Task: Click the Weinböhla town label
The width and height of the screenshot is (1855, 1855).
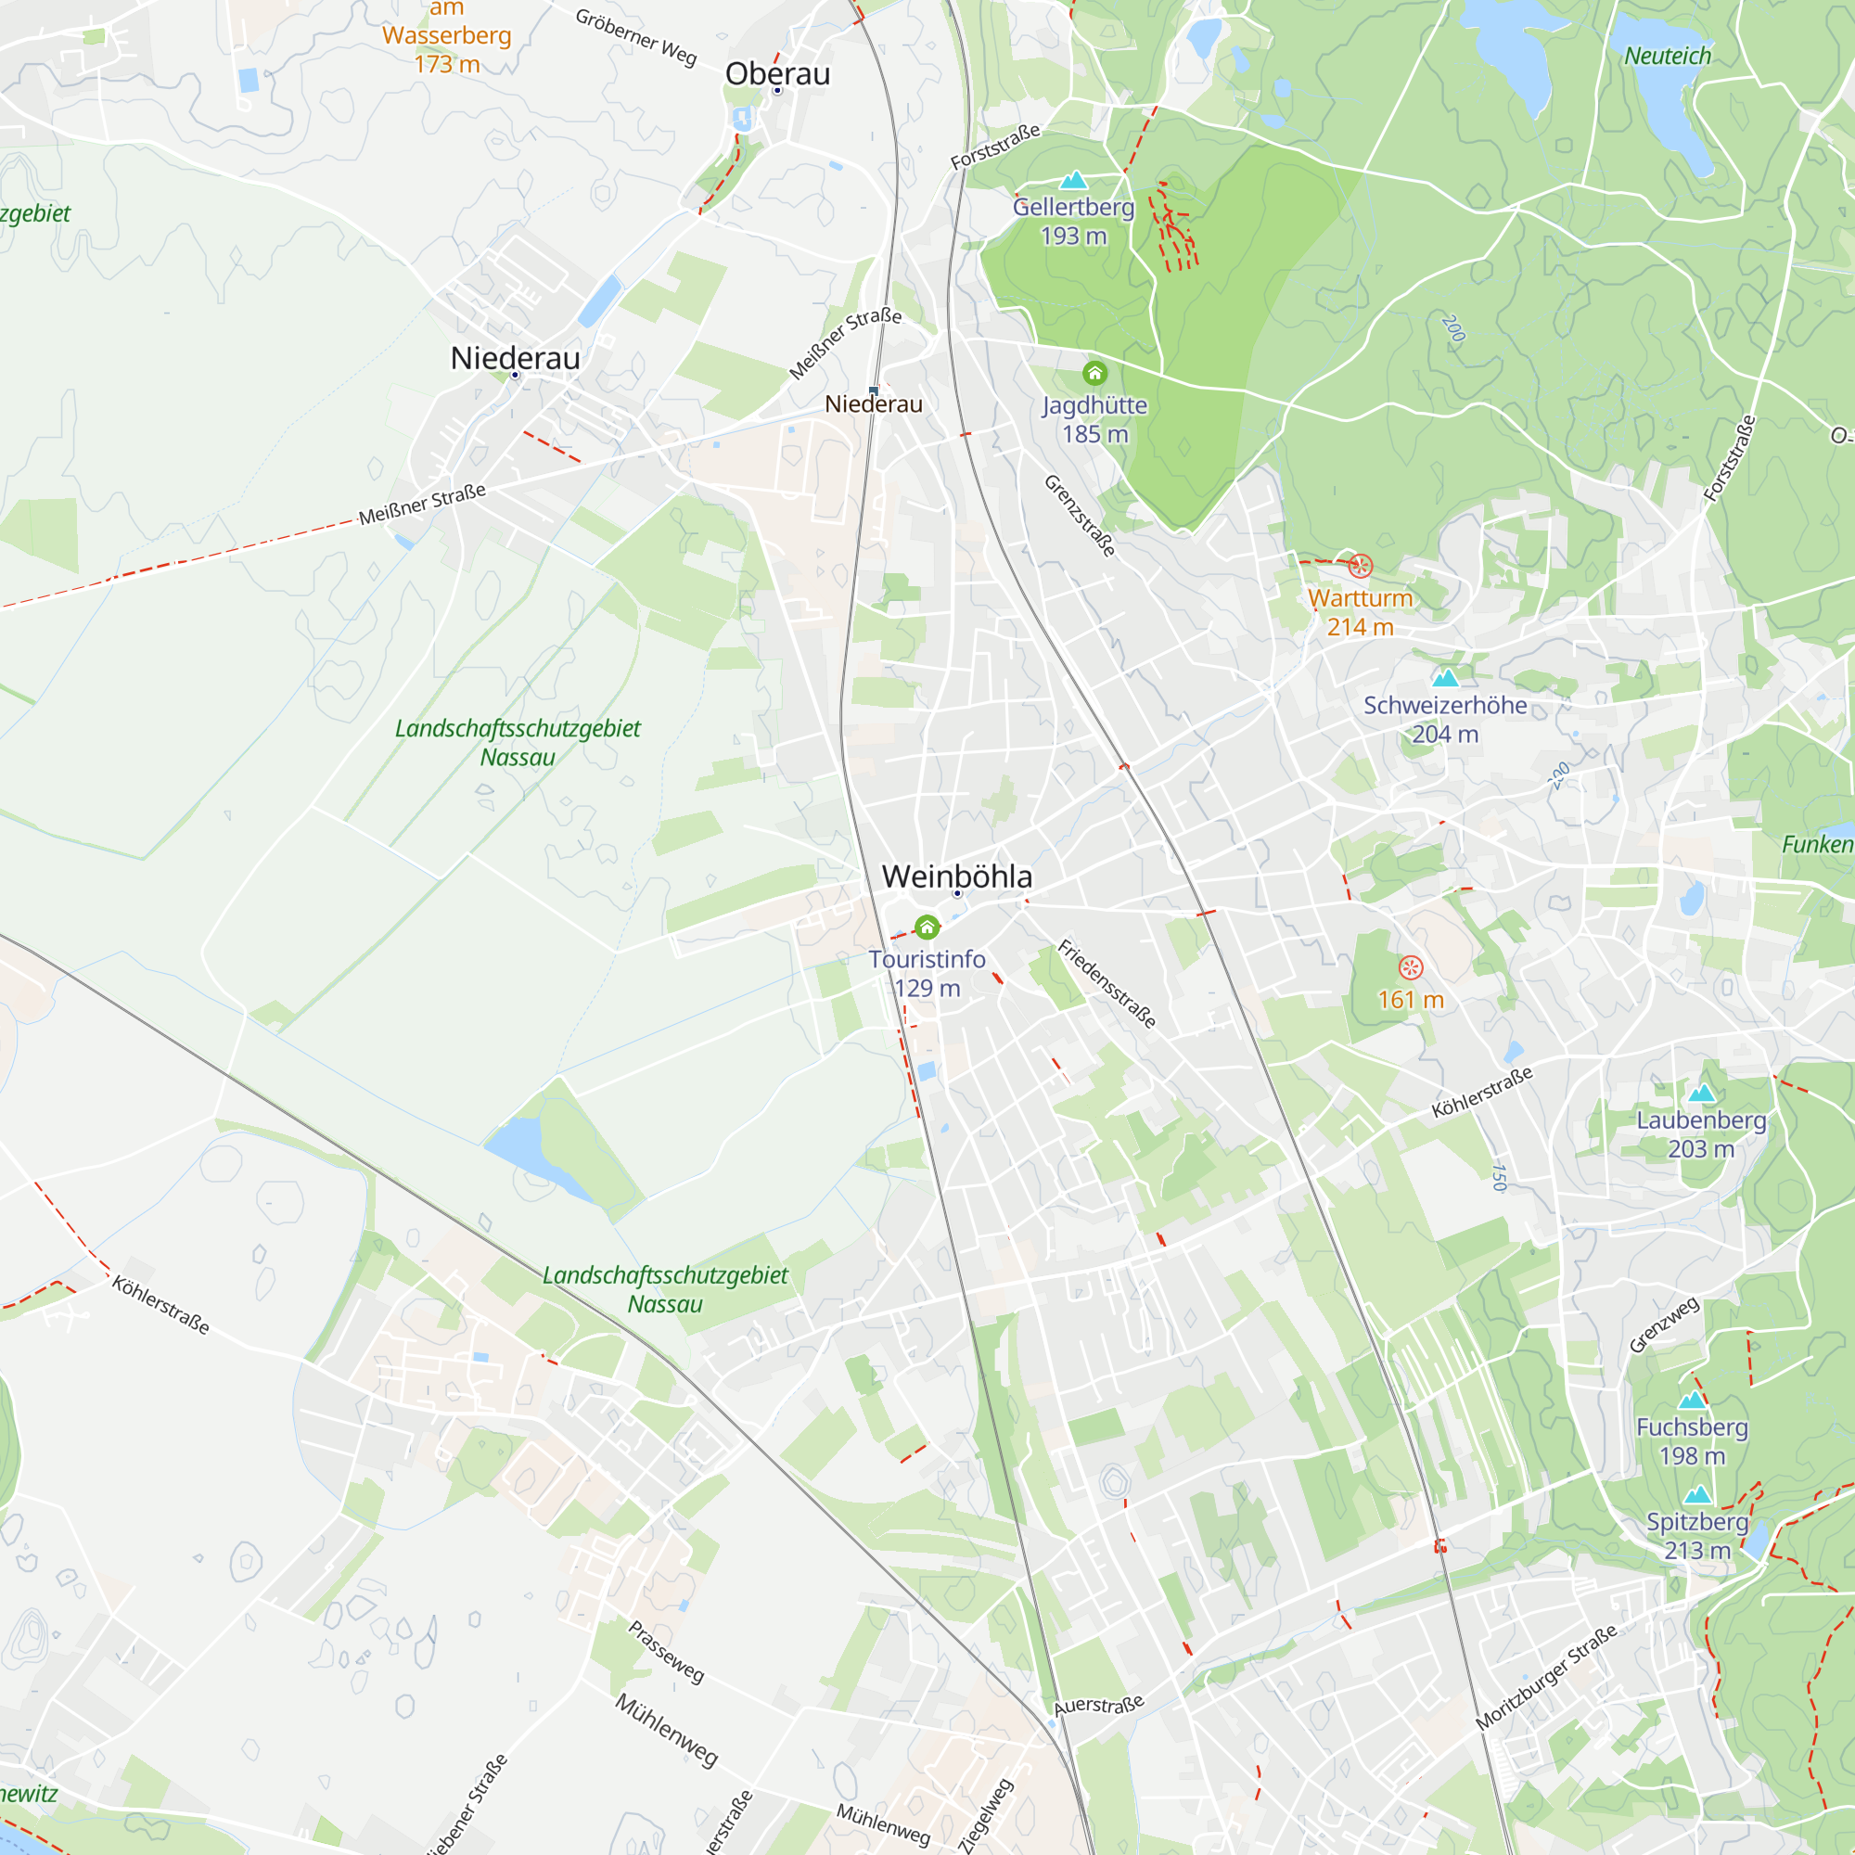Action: (x=956, y=876)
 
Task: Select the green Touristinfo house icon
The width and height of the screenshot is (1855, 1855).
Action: (x=927, y=927)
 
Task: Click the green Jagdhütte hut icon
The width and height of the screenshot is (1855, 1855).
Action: (x=1094, y=373)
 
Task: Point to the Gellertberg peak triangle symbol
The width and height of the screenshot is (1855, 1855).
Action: (x=1073, y=180)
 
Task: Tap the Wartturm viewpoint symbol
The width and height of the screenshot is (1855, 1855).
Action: (x=1361, y=566)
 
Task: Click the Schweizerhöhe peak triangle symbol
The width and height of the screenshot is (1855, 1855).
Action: (x=1445, y=678)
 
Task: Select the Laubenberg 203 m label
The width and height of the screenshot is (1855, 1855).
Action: (x=1700, y=1134)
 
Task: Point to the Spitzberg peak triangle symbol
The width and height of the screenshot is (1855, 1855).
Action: (x=1697, y=1494)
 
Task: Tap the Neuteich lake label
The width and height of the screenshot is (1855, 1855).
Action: (x=1668, y=57)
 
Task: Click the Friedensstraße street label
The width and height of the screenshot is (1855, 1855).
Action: (x=1107, y=984)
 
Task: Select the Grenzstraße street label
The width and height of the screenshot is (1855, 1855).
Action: (x=1081, y=516)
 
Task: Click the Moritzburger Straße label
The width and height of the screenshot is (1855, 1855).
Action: (x=1546, y=1676)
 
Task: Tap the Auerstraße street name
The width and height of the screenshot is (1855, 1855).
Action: (x=1098, y=1706)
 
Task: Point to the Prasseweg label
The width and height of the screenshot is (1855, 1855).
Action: (x=666, y=1652)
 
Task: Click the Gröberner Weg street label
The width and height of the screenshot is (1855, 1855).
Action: (x=635, y=36)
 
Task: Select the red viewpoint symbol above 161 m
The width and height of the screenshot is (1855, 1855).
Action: (x=1411, y=966)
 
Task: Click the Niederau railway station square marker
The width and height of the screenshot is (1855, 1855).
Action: (x=873, y=390)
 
